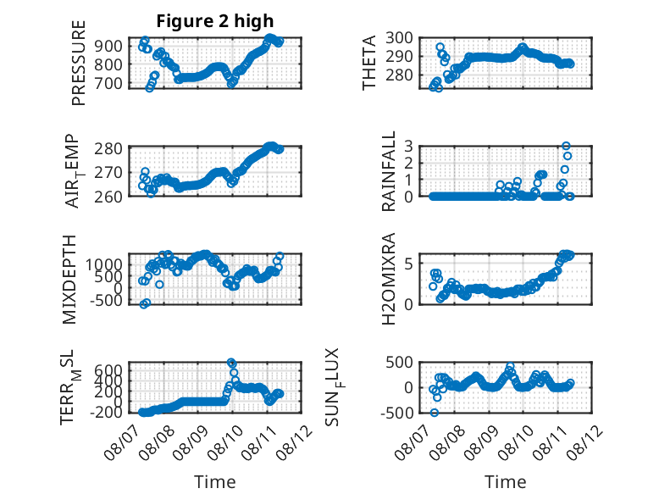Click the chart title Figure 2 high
point(215,21)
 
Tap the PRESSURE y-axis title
point(79,63)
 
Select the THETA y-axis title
point(369,63)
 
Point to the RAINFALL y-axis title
point(388,171)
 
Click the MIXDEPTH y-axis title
point(69,280)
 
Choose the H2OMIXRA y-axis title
point(388,279)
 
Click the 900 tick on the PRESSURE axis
point(108,46)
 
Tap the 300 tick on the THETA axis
point(399,38)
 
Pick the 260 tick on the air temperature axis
point(108,197)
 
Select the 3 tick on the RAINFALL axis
point(408,146)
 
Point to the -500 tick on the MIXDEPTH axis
point(106,301)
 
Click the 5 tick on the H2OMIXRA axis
point(408,264)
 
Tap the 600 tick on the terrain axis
point(108,370)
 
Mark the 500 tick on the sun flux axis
point(399,362)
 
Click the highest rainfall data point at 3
point(566,146)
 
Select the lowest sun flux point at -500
point(435,413)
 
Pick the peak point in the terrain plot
point(231,363)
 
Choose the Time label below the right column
point(505,482)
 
